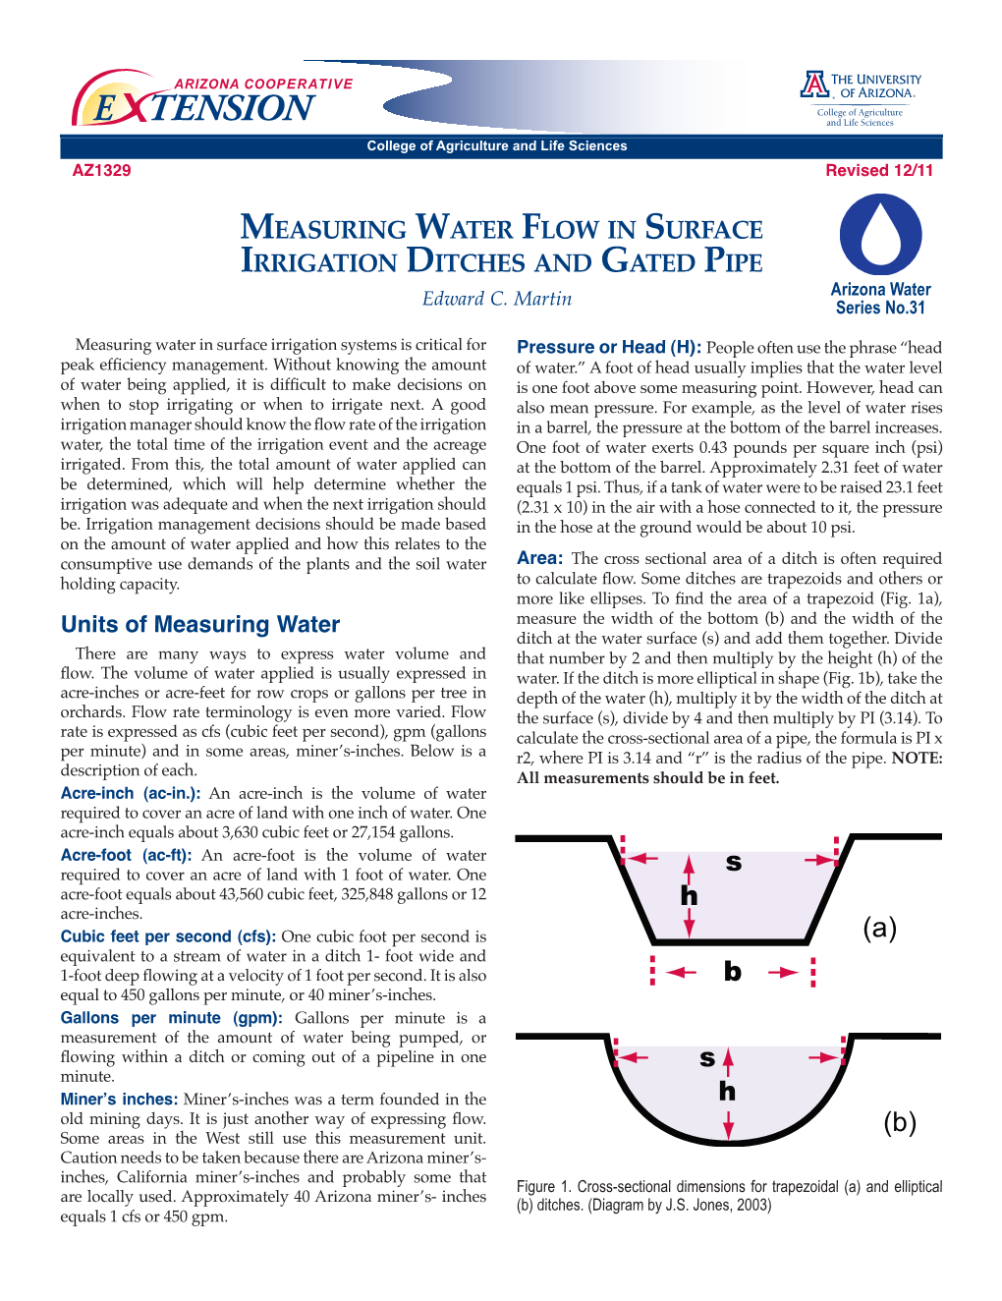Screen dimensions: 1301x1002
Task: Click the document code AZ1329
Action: pos(101,170)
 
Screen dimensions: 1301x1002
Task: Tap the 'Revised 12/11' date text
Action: pos(879,170)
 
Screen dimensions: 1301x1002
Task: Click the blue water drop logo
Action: pos(880,236)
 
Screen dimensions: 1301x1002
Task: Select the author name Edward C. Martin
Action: pos(497,299)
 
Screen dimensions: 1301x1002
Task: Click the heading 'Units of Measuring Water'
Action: pos(200,625)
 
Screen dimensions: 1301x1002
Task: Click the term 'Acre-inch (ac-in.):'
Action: pos(131,793)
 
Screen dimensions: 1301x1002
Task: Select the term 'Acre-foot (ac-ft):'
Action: pos(127,855)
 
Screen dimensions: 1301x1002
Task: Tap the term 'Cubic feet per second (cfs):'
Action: pos(168,936)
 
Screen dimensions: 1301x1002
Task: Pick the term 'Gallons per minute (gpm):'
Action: pos(171,1018)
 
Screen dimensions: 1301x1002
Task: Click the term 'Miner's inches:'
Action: pos(119,1100)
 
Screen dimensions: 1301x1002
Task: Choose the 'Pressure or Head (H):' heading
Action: pos(609,347)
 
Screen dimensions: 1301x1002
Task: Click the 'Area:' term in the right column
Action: pos(539,558)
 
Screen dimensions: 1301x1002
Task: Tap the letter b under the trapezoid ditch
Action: pos(733,972)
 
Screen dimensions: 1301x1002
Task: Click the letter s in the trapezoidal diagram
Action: pos(733,864)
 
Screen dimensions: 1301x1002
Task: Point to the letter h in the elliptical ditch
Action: pos(727,1092)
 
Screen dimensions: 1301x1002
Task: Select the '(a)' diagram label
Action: pos(879,928)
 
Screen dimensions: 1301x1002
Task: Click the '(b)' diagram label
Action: pos(899,1122)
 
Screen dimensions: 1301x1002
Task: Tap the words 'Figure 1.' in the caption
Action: pos(542,1187)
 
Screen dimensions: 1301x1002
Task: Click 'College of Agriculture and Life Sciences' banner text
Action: pos(496,146)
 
